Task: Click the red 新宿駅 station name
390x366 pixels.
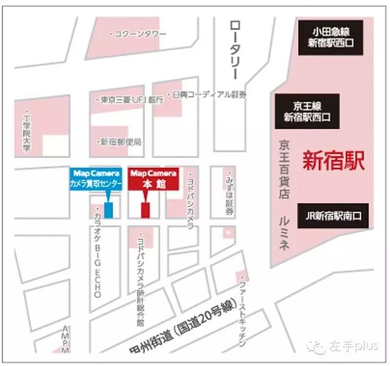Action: click(333, 161)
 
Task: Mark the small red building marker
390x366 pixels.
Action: click(145, 210)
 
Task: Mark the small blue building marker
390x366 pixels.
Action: click(109, 209)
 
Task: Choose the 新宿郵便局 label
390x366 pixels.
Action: click(120, 142)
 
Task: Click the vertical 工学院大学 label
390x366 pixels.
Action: click(27, 131)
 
